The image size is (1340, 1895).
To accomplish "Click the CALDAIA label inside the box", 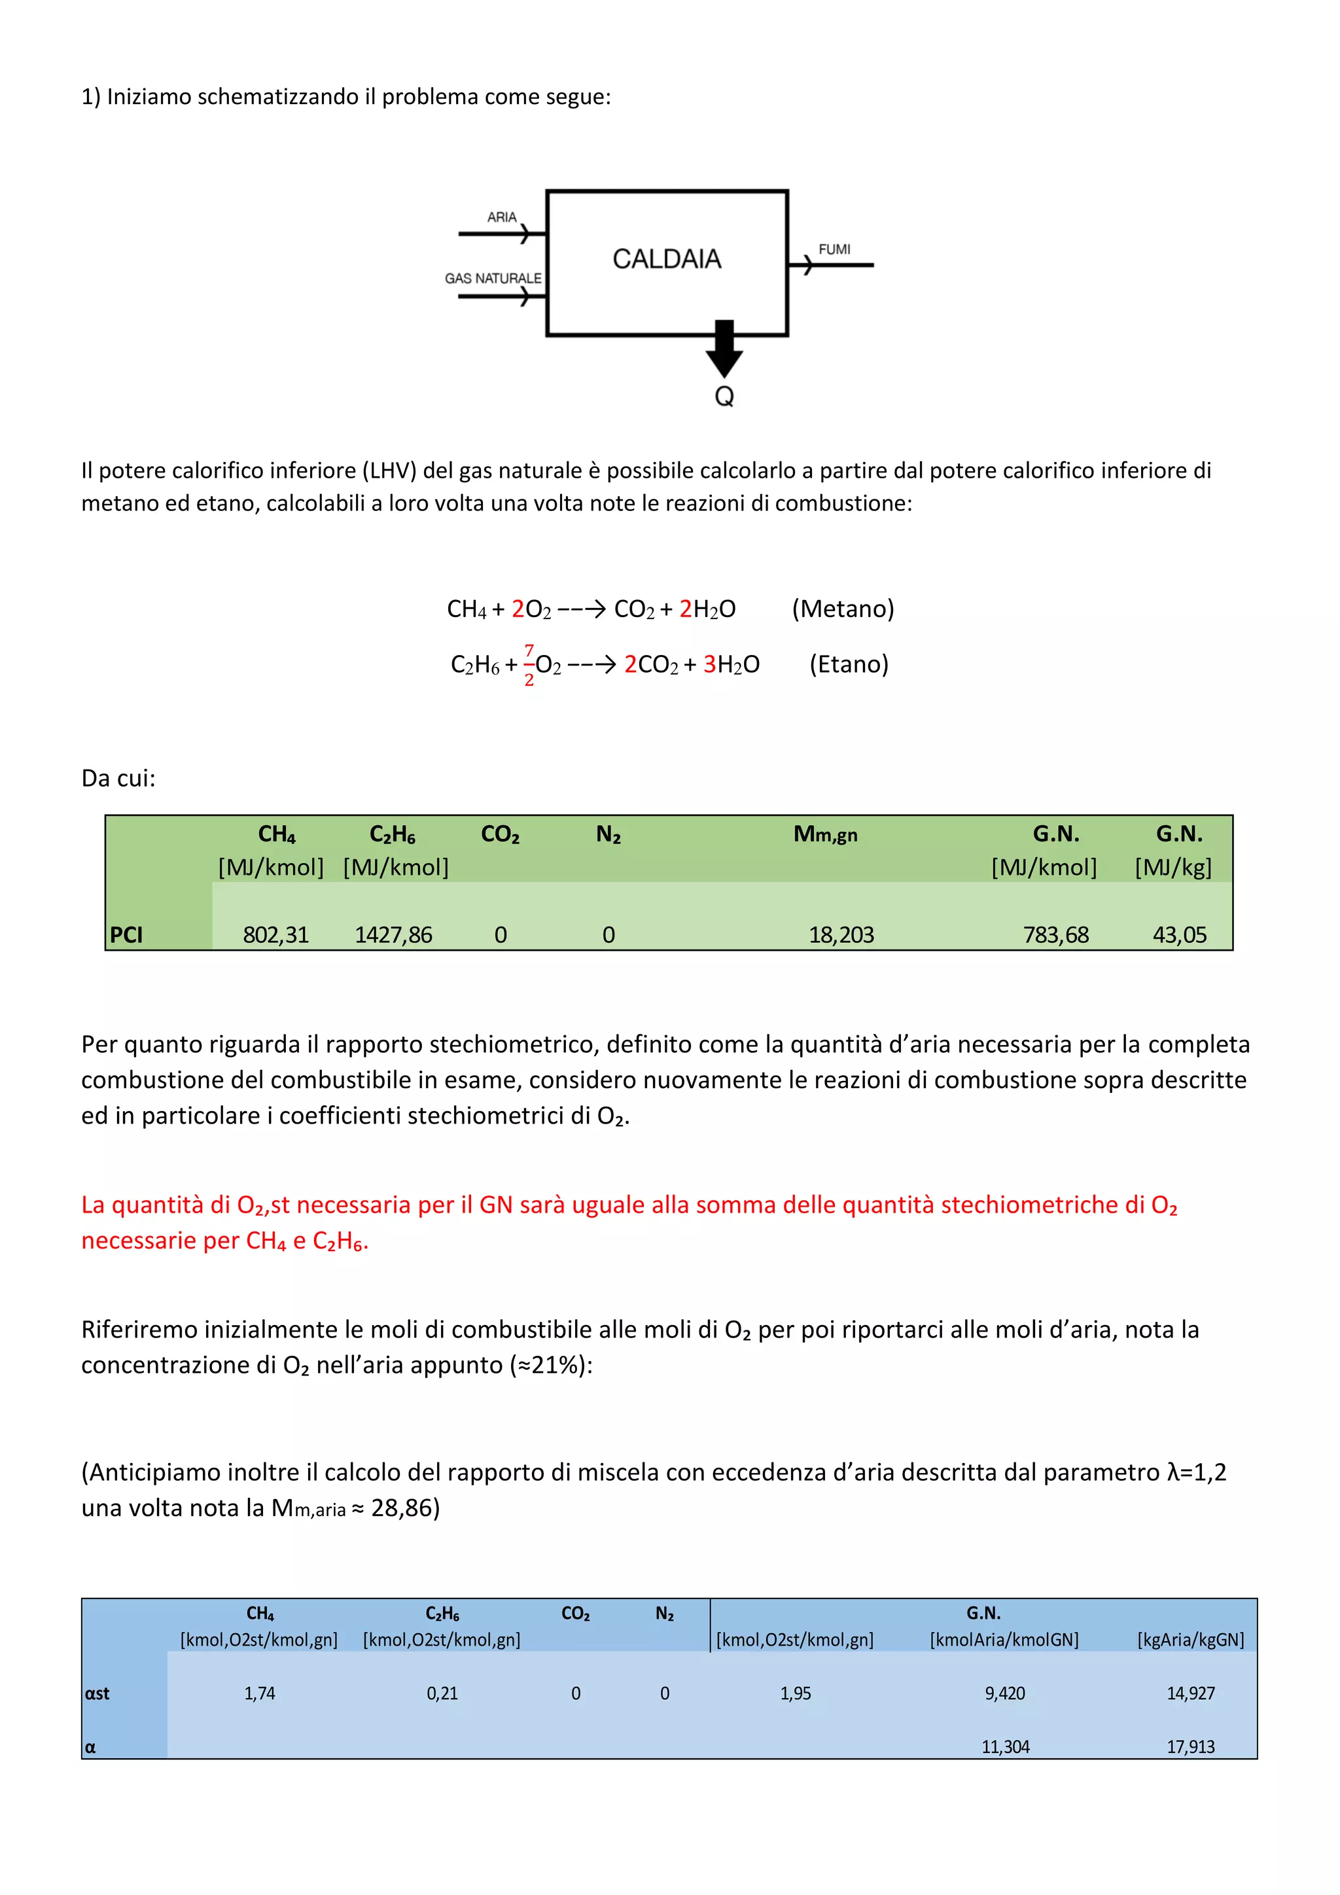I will click(x=667, y=259).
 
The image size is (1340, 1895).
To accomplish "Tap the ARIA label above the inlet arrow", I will click(x=502, y=217).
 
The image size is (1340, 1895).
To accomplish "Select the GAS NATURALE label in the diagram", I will click(x=493, y=278).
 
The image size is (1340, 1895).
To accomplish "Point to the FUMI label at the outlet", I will click(x=834, y=249).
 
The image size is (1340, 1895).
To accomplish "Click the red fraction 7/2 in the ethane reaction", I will click(x=529, y=664).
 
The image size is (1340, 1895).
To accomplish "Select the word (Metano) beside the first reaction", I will click(x=843, y=609).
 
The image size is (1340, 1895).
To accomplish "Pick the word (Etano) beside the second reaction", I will click(x=848, y=664).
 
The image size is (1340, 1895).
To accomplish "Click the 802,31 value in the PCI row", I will click(x=275, y=934).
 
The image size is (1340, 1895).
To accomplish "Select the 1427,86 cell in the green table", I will click(x=394, y=934).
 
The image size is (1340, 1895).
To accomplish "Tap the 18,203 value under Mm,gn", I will click(x=841, y=934).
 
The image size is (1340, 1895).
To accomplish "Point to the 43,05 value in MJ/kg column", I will click(x=1179, y=934).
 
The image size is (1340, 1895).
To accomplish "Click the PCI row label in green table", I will click(x=126, y=934).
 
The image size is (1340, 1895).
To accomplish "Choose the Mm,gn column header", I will click(x=825, y=834).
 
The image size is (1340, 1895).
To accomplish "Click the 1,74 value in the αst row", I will click(x=260, y=1693).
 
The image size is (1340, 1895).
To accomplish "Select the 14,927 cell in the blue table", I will click(x=1190, y=1693).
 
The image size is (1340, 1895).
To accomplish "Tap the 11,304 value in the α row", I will click(x=1005, y=1746).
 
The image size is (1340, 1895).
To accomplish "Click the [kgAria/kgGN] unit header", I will click(x=1190, y=1640).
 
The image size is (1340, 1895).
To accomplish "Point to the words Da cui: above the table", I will click(x=118, y=778).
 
